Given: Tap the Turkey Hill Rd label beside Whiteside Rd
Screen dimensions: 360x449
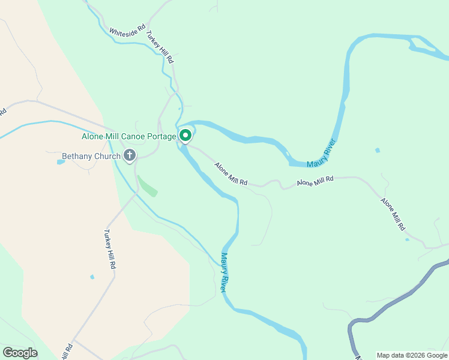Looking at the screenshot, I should point(160,47).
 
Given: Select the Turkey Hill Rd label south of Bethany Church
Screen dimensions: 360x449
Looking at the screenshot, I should point(109,249).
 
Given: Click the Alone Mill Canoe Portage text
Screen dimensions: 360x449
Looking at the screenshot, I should point(128,136).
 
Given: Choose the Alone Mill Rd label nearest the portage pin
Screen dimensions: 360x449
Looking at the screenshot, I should point(231,174).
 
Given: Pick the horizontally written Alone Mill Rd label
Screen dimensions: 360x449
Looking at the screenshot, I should point(315,181).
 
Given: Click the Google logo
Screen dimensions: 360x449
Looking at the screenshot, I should point(20,352).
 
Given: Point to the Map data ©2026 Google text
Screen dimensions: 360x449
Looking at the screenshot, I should point(412,355).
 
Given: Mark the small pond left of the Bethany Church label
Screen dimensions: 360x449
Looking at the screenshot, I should point(60,162).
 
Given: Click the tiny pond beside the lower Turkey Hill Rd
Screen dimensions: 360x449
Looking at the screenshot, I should point(92,277).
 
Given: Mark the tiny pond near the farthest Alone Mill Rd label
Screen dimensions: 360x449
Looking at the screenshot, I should point(408,239).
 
